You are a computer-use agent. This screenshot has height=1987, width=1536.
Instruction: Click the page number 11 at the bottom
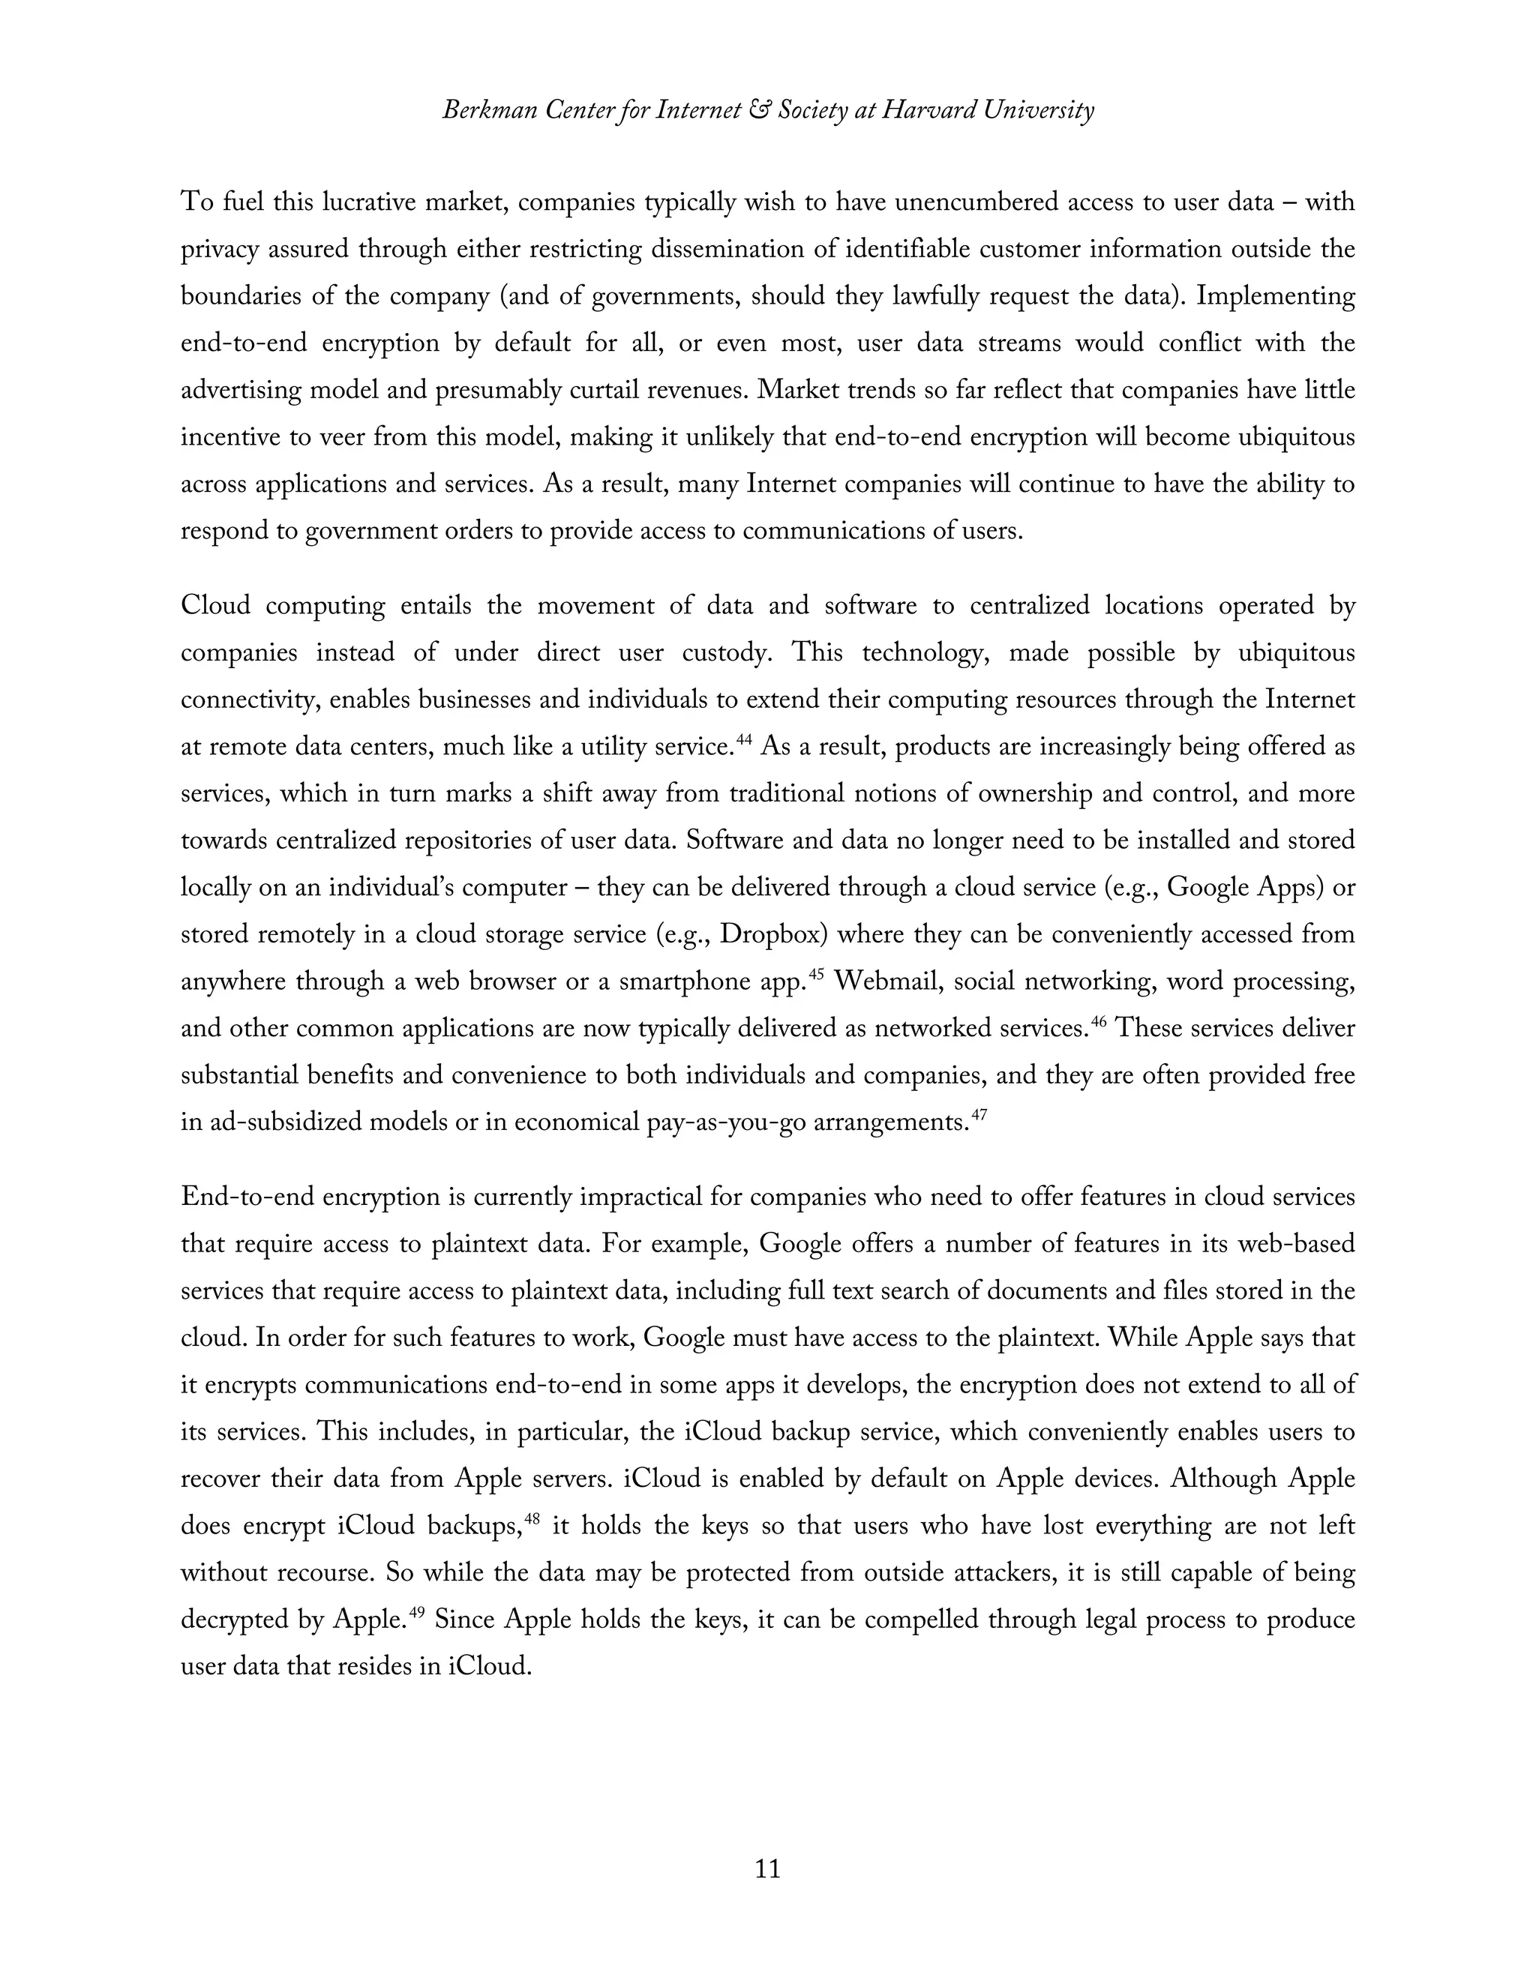[767, 1869]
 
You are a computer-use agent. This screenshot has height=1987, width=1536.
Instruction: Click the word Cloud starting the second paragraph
[216, 606]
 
